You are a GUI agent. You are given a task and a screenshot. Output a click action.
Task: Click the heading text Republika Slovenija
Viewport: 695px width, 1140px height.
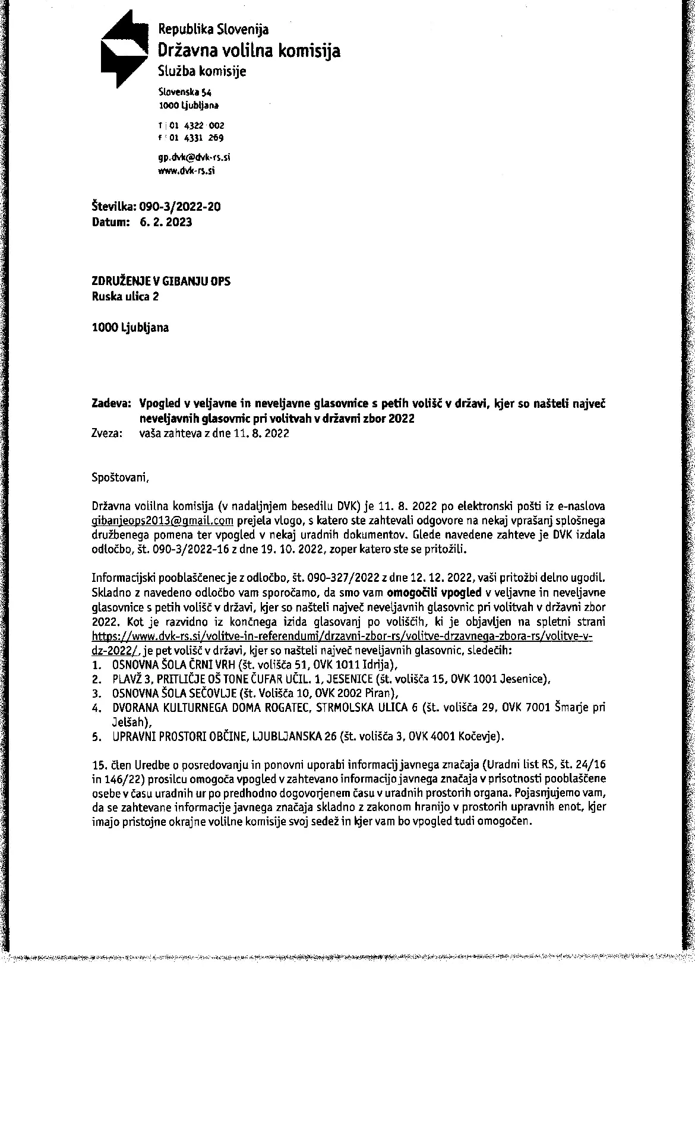[213, 28]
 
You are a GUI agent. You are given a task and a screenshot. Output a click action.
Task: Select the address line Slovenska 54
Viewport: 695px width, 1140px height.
[185, 92]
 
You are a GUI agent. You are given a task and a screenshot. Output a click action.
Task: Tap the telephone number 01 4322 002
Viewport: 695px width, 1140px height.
[197, 125]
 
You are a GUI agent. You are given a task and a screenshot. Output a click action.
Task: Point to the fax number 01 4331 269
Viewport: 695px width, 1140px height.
[196, 138]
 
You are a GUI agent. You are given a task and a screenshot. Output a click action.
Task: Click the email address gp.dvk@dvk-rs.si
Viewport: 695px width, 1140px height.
[194, 158]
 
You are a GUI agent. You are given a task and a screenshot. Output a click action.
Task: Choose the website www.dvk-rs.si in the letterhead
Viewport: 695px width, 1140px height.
[187, 170]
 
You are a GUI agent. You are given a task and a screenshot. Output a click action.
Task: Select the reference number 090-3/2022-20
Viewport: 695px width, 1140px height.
[179, 207]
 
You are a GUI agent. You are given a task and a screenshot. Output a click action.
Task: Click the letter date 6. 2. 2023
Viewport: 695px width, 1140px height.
[166, 222]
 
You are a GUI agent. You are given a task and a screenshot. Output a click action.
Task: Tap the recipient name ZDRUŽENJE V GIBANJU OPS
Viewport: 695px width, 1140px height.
[161, 281]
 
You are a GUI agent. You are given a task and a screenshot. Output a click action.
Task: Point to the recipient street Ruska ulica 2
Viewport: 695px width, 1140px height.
[125, 296]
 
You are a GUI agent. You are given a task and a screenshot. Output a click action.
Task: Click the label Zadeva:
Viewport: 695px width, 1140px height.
[110, 404]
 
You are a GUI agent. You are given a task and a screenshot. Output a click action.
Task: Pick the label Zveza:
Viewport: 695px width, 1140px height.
[108, 433]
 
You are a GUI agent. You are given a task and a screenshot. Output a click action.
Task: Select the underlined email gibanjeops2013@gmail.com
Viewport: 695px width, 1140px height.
[162, 521]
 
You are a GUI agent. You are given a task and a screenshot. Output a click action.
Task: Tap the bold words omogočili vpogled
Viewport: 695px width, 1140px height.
[434, 592]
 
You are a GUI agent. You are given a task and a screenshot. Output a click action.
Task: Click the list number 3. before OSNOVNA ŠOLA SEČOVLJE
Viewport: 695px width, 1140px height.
[96, 693]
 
